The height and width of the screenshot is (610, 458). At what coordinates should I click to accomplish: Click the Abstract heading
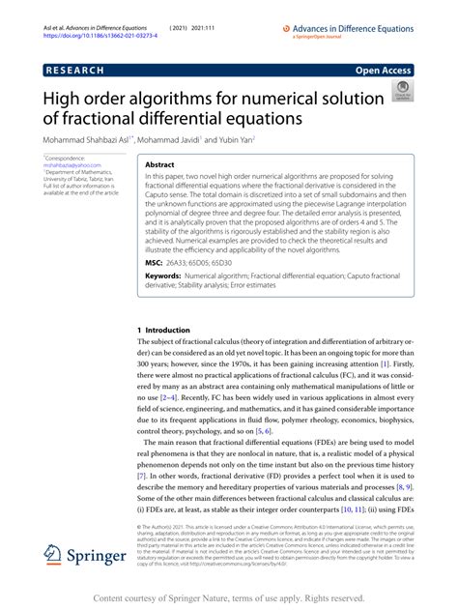(x=159, y=165)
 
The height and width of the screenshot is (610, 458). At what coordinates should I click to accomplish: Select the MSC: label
(x=155, y=261)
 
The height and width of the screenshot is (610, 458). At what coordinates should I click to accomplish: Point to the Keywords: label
(x=164, y=276)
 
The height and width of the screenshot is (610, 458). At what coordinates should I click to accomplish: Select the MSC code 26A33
(x=184, y=261)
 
